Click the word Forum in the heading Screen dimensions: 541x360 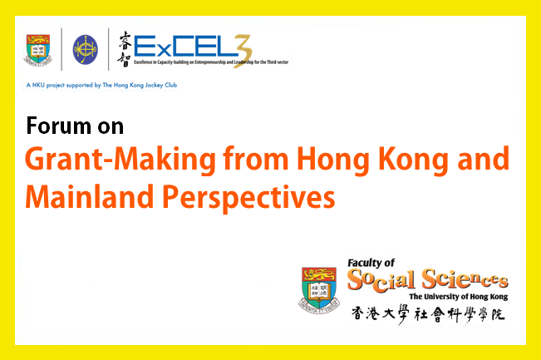[x=58, y=126]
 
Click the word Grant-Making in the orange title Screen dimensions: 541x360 [x=120, y=160]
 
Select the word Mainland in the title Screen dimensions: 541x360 [x=89, y=196]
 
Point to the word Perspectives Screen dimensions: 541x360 [x=248, y=198]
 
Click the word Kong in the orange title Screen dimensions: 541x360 [x=414, y=160]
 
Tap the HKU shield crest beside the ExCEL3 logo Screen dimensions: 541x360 [x=38, y=50]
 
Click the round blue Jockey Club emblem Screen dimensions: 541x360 [x=86, y=50]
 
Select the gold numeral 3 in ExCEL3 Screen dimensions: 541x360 [x=243, y=51]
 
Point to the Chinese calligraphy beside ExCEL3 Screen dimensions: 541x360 [x=124, y=49]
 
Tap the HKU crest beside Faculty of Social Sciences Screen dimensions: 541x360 [x=319, y=290]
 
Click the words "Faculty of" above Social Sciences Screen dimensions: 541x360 [x=371, y=263]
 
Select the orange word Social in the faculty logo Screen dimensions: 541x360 [x=381, y=279]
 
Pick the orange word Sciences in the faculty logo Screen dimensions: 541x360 [x=465, y=279]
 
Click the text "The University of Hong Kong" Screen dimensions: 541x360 [x=459, y=297]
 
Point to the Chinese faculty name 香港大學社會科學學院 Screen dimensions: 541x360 [x=428, y=314]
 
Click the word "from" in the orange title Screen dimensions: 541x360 [x=256, y=159]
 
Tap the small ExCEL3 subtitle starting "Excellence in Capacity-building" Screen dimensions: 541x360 [x=211, y=62]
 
